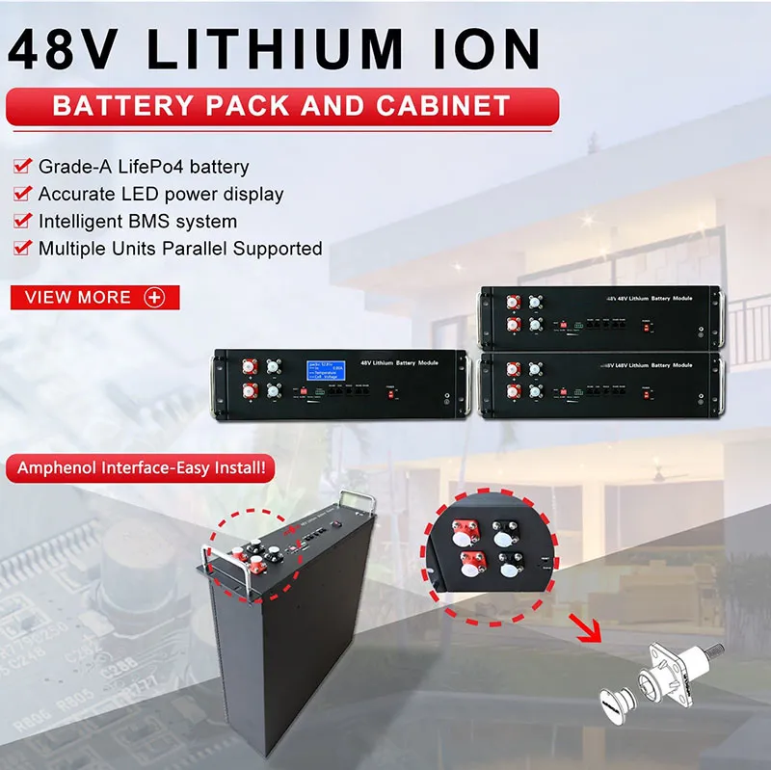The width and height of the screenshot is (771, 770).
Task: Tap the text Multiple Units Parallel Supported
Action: [179, 248]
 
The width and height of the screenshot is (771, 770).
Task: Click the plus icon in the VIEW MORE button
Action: [153, 298]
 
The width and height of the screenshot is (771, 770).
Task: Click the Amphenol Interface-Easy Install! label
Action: [141, 470]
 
